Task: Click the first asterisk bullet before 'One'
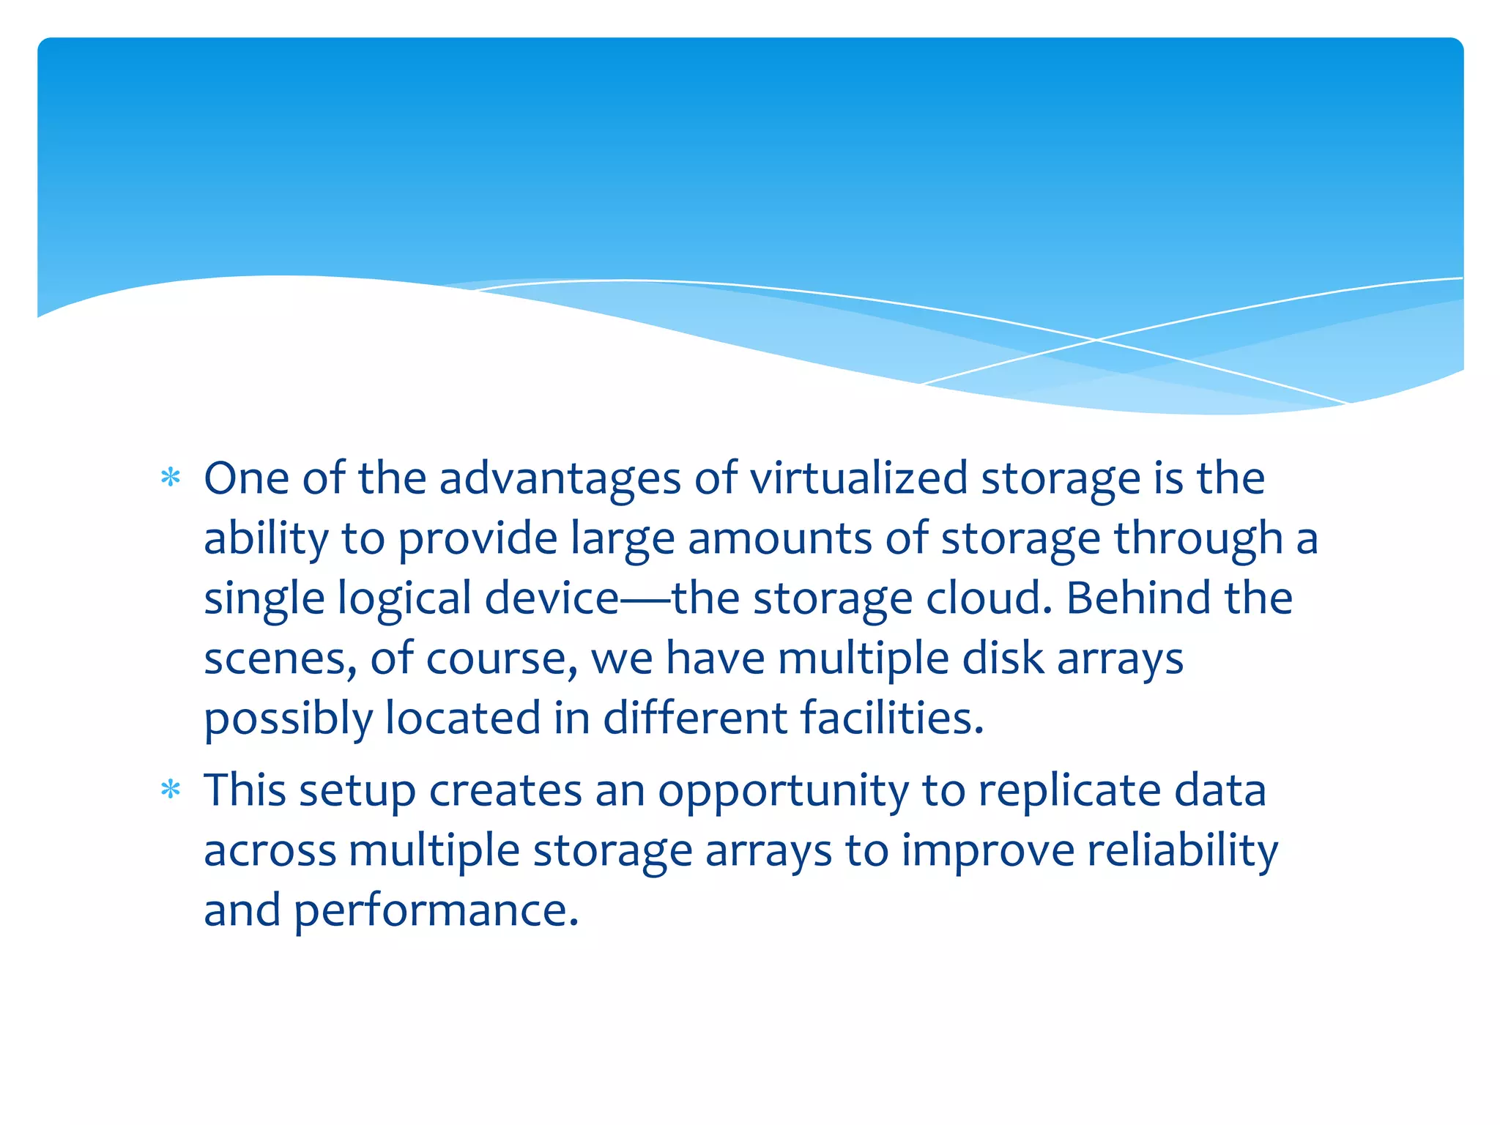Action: coord(171,478)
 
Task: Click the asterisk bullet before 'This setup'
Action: coord(171,790)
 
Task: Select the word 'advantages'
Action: coord(560,479)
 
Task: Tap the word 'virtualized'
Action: coord(858,479)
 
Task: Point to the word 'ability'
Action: coord(266,540)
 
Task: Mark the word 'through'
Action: coord(1198,540)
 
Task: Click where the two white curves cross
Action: coord(1096,340)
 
